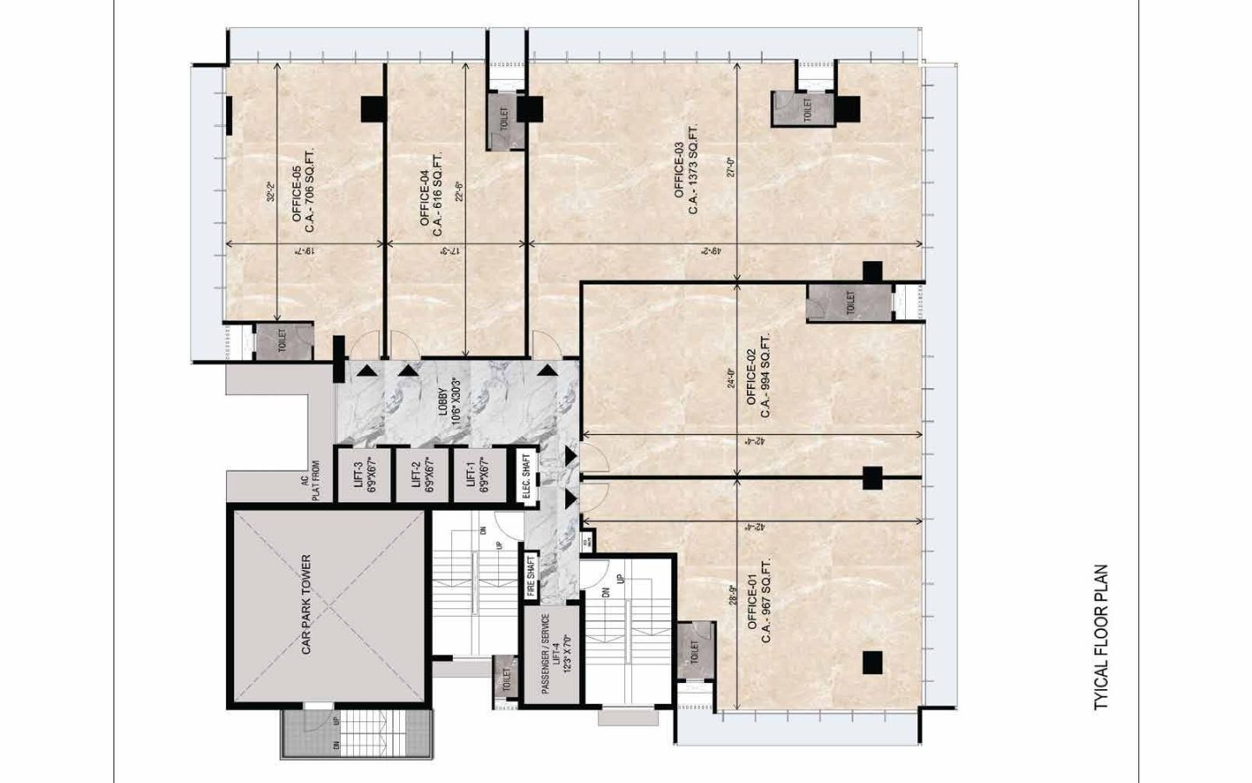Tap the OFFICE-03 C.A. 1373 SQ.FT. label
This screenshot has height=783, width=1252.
pyautogui.click(x=686, y=171)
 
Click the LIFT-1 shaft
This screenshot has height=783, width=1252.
pyautogui.click(x=478, y=475)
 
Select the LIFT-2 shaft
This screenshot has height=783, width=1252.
pyautogui.click(x=422, y=475)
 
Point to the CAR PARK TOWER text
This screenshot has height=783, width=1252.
pyautogui.click(x=306, y=605)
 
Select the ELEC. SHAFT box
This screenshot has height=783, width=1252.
pyautogui.click(x=527, y=476)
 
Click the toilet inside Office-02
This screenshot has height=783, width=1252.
pyautogui.click(x=849, y=303)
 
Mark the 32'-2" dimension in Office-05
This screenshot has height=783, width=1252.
pyautogui.click(x=270, y=192)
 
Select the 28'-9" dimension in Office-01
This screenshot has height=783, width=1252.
pyautogui.click(x=731, y=600)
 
